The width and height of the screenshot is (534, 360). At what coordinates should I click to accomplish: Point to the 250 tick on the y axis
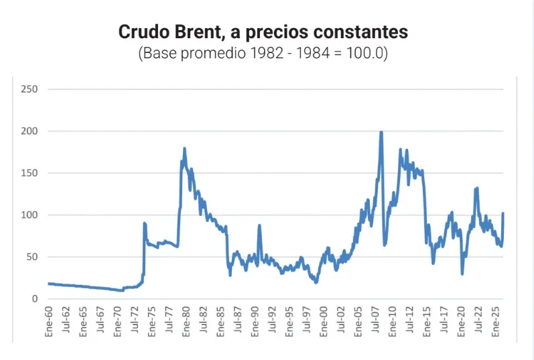(x=29, y=89)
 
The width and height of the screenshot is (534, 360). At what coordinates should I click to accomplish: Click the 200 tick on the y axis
(x=29, y=131)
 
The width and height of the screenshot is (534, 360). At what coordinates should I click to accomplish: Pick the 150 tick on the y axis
(x=29, y=173)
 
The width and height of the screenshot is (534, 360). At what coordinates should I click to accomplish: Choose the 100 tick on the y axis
(x=29, y=215)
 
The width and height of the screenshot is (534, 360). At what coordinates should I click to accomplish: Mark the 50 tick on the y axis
(x=31, y=257)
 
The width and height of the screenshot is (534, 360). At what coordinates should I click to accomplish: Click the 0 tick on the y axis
(x=34, y=299)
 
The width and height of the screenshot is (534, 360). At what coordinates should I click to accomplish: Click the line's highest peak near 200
(x=381, y=132)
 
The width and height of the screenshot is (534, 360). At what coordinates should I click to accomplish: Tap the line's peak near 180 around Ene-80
(x=184, y=148)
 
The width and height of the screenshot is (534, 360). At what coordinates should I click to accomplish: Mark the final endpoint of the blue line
(x=503, y=214)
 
